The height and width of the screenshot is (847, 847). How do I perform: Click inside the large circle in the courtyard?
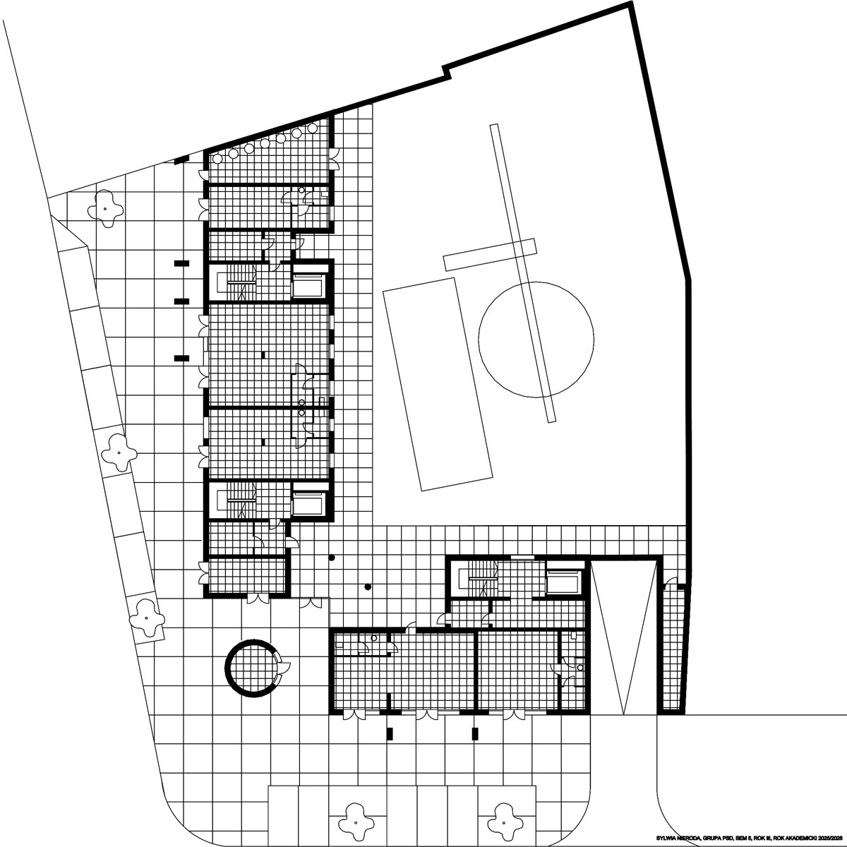point(536,339)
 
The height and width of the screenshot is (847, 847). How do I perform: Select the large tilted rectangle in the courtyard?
point(438,384)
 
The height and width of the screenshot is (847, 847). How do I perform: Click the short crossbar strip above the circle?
point(489,255)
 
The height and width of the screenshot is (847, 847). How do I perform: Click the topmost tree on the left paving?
point(105,208)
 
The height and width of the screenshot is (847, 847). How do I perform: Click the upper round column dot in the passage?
point(332,558)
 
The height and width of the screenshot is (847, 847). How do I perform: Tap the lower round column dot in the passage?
point(368,587)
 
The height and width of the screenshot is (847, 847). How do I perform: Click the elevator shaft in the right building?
point(564,582)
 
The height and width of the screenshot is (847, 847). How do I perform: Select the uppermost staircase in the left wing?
point(237,282)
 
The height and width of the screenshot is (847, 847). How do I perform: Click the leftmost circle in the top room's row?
point(217,158)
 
